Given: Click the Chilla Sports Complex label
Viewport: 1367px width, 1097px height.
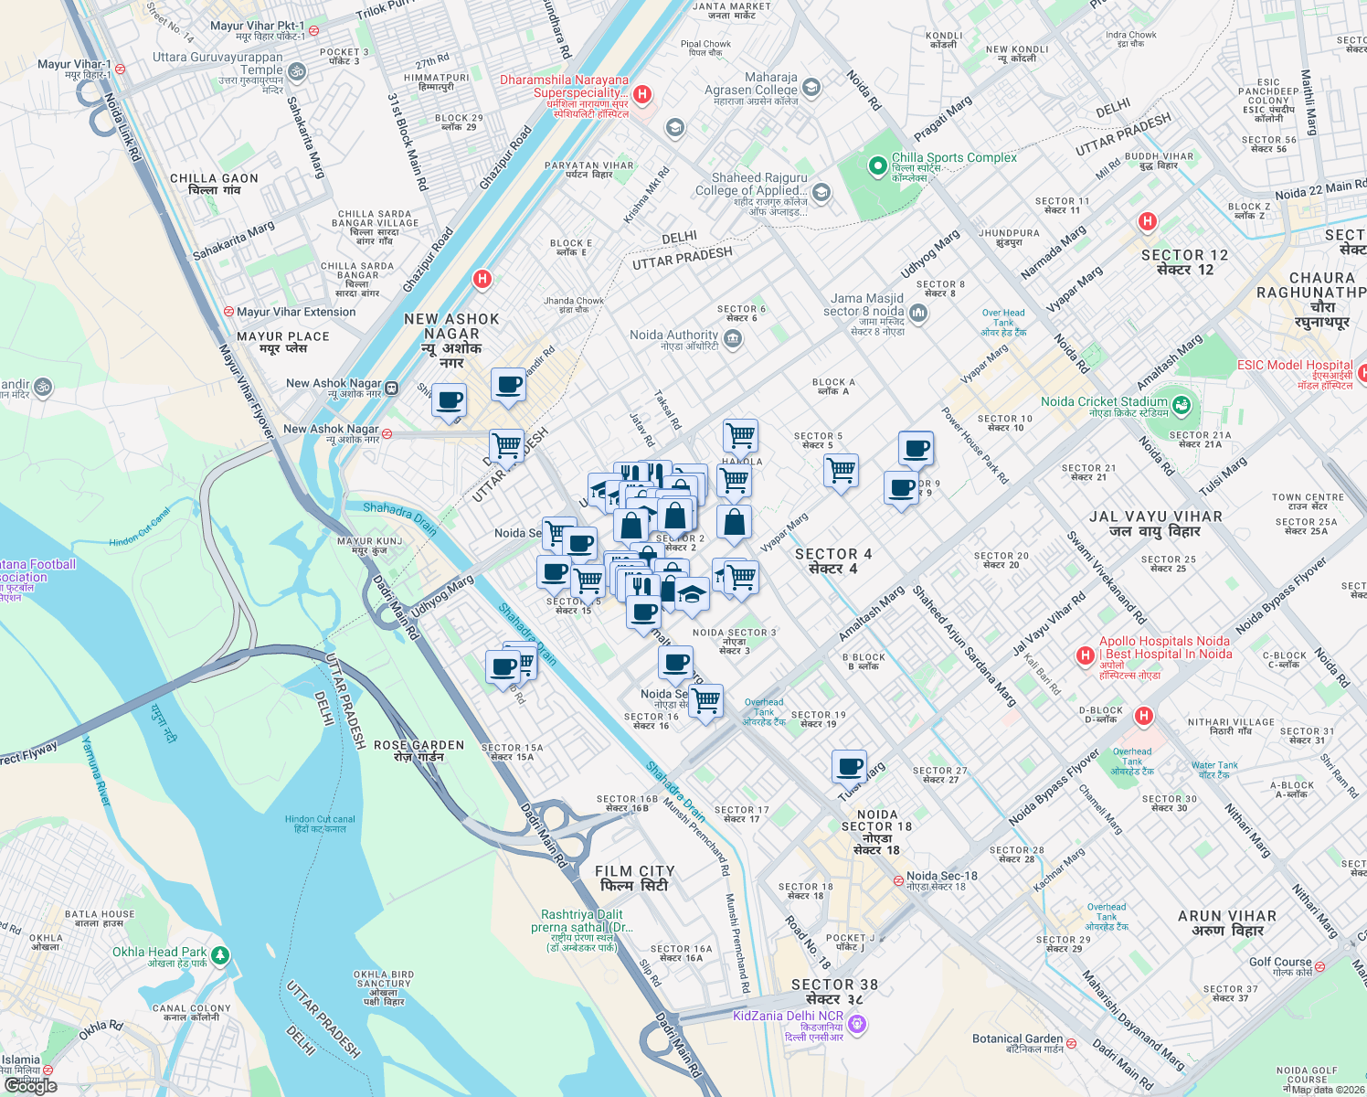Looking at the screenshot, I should (x=954, y=158).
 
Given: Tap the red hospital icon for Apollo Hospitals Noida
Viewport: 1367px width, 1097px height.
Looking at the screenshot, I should (x=1085, y=655).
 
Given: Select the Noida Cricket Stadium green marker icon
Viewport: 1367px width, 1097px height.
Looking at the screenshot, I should (x=1181, y=403).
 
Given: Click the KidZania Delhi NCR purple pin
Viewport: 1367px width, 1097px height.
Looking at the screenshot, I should (x=856, y=1024).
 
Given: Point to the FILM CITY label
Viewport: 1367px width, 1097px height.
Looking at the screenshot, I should (x=634, y=871).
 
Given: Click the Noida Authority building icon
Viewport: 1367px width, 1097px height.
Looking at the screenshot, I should (x=732, y=339).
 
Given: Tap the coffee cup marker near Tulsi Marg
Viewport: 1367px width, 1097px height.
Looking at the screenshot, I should (x=849, y=765).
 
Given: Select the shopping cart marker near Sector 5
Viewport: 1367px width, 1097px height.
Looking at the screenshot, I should (x=840, y=471).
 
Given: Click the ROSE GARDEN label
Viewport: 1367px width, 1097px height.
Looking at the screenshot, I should (x=419, y=745).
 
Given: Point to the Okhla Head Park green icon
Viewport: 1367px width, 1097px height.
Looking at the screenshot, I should (x=218, y=955).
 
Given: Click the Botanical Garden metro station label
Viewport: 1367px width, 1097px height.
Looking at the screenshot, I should (x=1017, y=1038).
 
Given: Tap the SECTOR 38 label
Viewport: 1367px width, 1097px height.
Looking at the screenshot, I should (x=834, y=985).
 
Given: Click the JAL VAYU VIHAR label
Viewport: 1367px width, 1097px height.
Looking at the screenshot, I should (x=1155, y=517).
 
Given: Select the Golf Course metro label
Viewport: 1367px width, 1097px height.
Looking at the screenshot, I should (x=1280, y=962).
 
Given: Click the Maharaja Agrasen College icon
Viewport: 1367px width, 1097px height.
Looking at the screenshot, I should (x=811, y=88).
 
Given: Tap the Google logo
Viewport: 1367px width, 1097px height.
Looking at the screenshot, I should (x=30, y=1085).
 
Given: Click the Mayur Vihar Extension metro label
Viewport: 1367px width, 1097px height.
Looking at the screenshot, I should (x=295, y=312).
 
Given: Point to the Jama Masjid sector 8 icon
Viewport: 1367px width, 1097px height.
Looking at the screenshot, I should (x=918, y=314).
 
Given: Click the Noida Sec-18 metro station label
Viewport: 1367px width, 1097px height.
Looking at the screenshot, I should (x=941, y=876).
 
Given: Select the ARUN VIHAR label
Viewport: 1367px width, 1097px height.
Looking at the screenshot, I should (x=1226, y=916).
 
